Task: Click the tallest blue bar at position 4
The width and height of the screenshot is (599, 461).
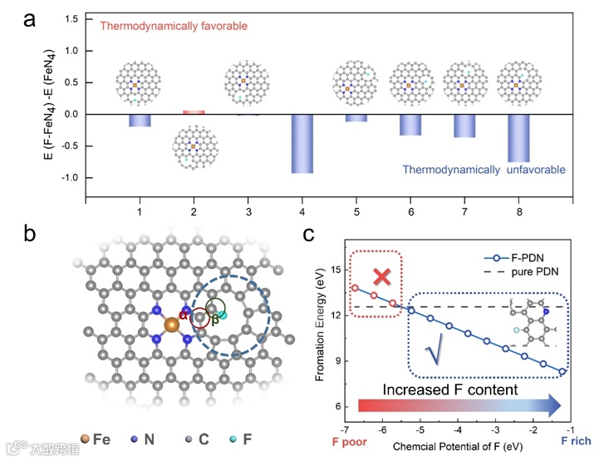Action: [302, 143]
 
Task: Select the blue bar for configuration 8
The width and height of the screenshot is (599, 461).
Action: [518, 138]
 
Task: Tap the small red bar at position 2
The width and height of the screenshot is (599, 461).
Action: [193, 112]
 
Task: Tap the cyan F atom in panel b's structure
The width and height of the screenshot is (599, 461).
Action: [223, 314]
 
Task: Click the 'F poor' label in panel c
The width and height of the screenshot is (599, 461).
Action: [350, 439]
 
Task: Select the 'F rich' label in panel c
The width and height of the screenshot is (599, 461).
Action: [575, 439]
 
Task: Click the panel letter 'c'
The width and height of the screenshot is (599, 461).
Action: [309, 235]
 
